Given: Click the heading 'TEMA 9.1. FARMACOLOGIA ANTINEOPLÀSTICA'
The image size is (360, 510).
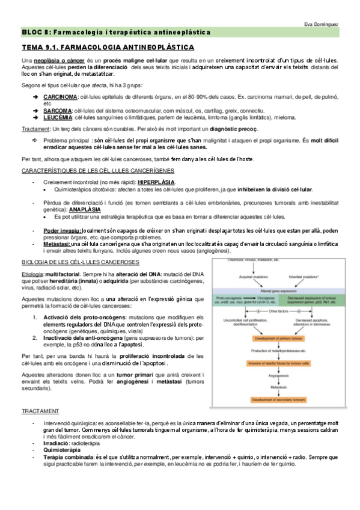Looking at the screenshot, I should click(108, 46).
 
